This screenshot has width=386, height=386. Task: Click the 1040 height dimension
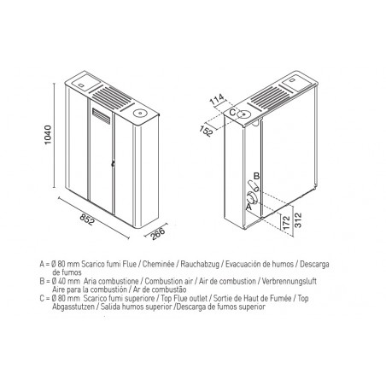48,135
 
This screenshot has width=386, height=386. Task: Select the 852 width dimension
86,219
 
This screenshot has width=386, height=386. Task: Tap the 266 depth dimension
158,234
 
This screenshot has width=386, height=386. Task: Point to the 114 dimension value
217,100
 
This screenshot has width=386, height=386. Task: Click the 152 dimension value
206,131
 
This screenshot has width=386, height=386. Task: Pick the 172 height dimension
287,223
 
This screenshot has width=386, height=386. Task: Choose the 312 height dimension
298,220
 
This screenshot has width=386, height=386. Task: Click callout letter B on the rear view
256,176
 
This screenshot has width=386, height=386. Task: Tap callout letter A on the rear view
249,207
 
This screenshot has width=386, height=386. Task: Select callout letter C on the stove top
232,112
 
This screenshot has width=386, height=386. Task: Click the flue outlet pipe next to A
252,197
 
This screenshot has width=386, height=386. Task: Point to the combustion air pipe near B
253,186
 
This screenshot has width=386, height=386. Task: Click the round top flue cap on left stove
140,113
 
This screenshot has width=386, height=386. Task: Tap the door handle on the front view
113,163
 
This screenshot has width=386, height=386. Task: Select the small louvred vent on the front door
101,115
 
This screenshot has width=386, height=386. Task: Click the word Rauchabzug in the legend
200,264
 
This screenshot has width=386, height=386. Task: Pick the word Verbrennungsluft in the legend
289,281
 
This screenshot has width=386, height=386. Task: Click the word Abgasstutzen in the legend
73,307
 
